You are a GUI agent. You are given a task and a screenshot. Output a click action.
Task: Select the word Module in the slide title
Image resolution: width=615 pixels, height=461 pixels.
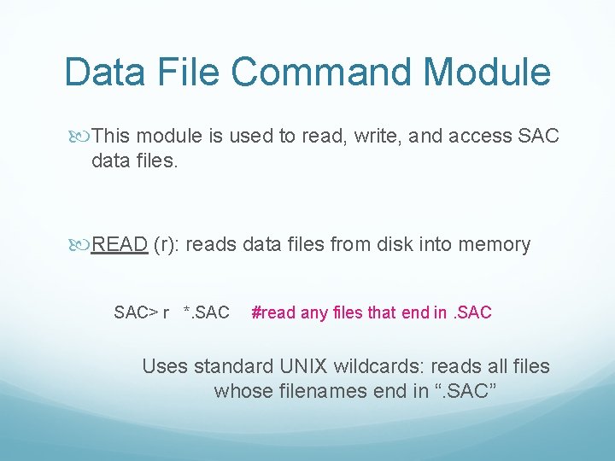pyautogui.click(x=495, y=73)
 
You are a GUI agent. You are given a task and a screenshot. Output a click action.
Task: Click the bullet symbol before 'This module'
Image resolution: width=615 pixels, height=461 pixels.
pyautogui.click(x=80, y=136)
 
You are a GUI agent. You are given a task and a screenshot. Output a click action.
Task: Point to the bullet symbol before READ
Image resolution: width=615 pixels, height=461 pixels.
pyautogui.click(x=80, y=245)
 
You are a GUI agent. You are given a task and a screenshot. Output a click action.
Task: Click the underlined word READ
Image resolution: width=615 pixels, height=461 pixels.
pyautogui.click(x=120, y=245)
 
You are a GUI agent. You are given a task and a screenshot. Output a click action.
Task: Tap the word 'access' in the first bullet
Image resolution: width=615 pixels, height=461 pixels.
pyautogui.click(x=472, y=136)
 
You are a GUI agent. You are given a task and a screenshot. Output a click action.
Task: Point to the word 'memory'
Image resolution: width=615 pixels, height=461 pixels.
pyautogui.click(x=495, y=246)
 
